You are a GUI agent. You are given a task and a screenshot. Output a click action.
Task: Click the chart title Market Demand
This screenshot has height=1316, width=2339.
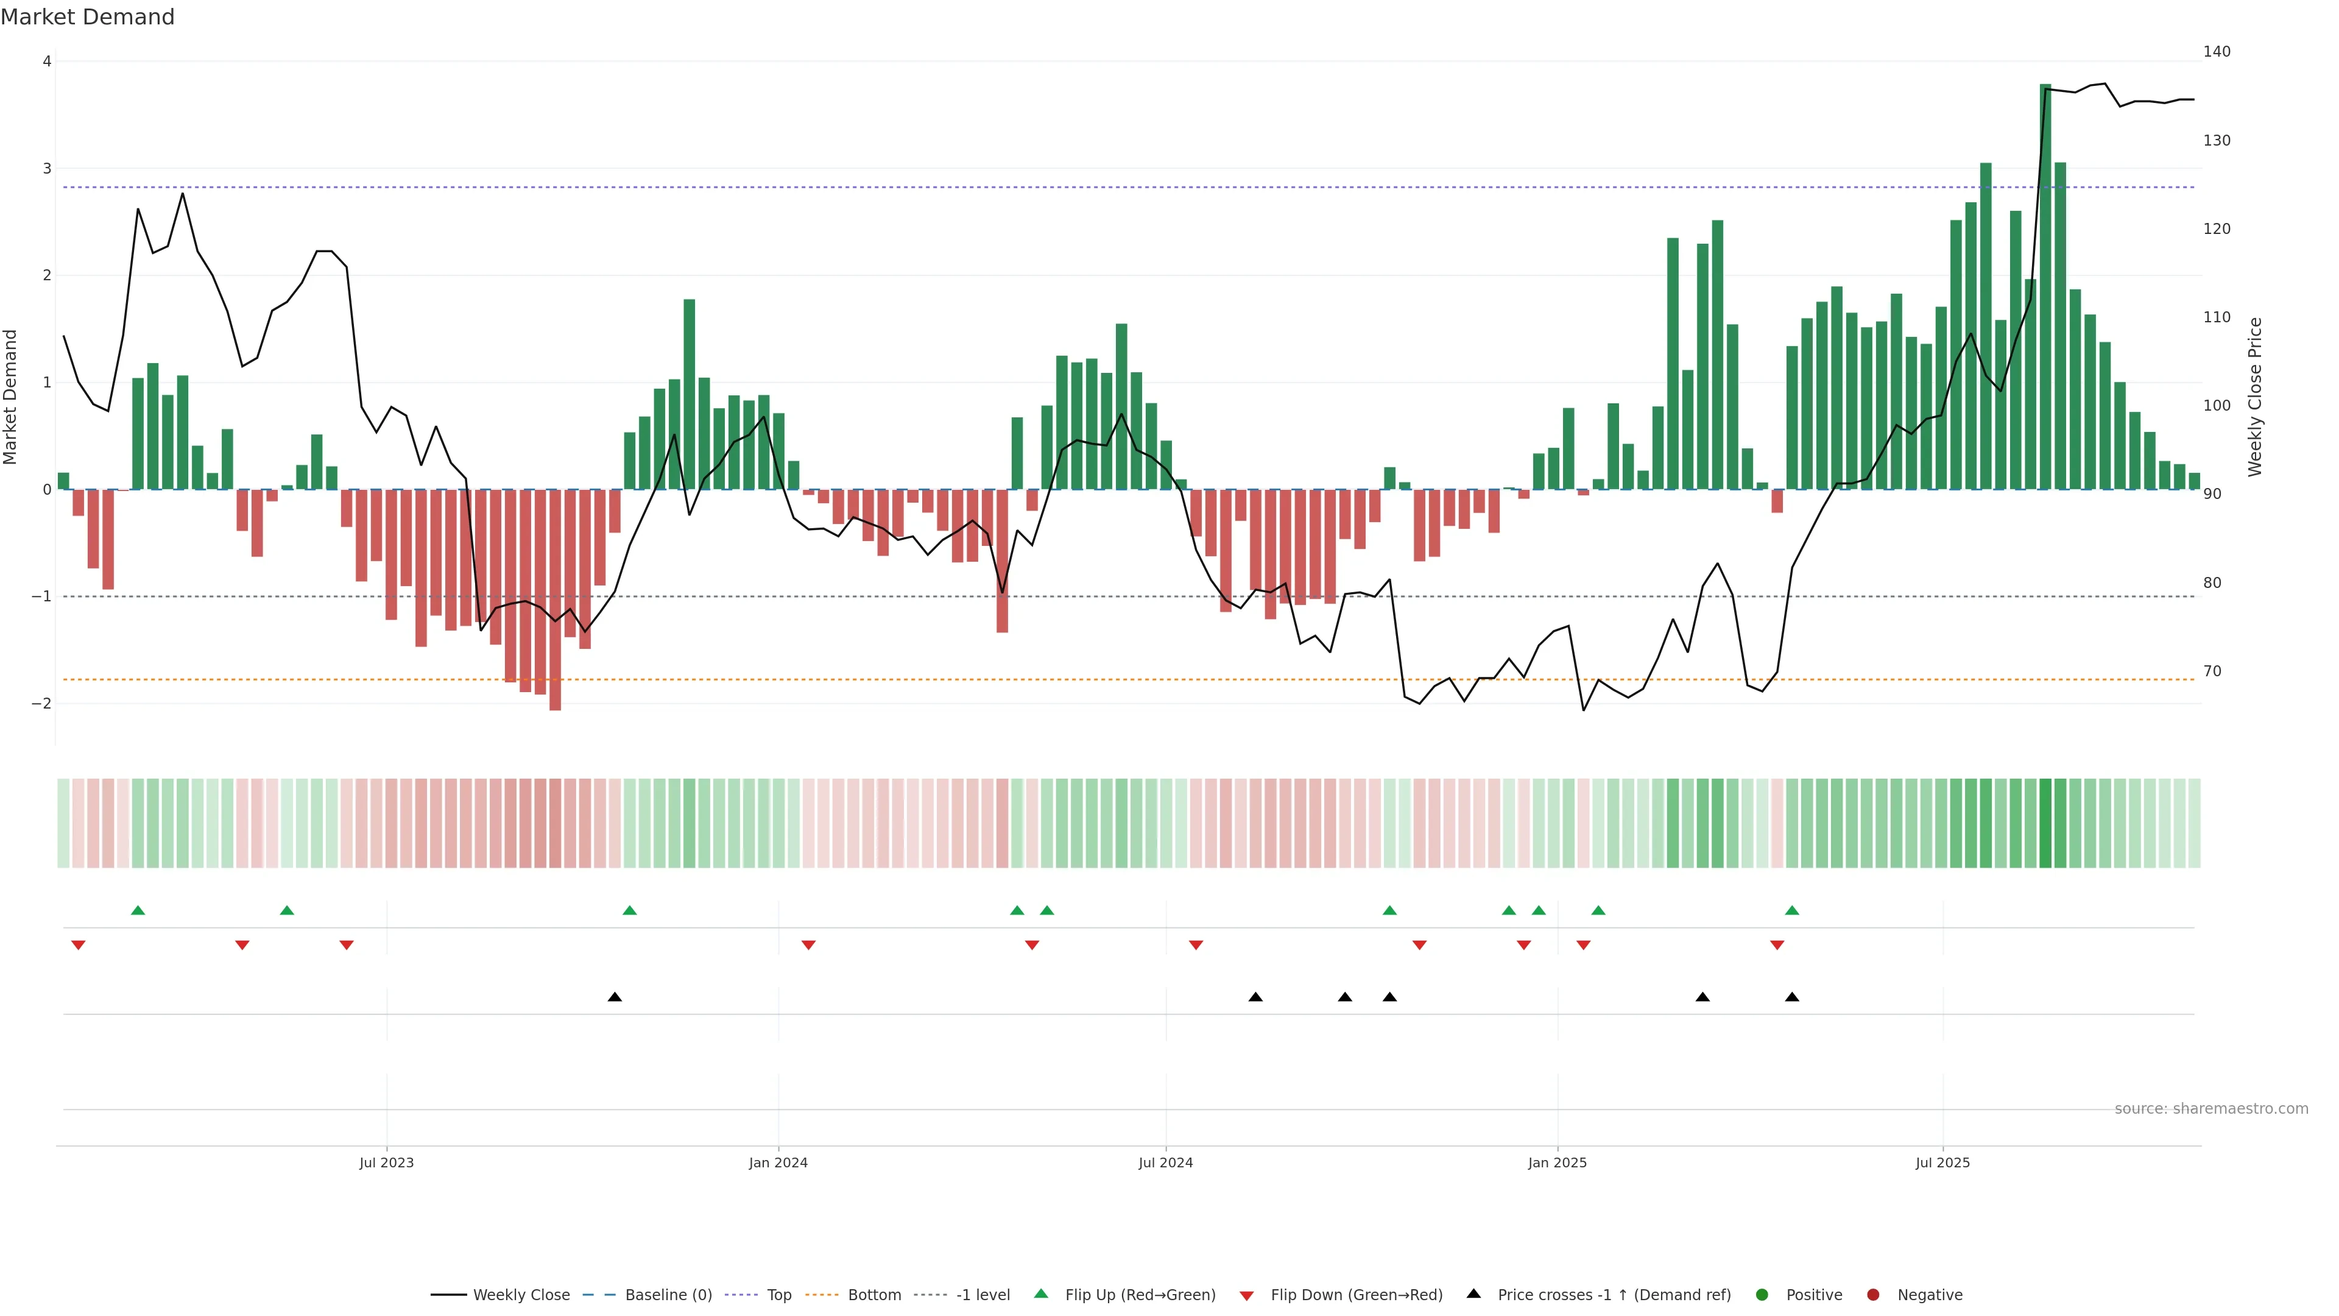87,17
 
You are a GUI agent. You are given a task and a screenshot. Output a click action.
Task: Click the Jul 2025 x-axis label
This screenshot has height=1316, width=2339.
1942,1162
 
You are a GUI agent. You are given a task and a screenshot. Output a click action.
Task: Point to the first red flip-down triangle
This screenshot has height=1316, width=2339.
78,946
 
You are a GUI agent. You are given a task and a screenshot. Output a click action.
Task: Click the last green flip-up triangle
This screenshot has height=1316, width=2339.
1791,910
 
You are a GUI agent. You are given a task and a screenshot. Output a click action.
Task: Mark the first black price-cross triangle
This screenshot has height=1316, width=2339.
615,997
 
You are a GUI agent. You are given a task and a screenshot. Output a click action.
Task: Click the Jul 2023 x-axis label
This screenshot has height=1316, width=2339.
386,1162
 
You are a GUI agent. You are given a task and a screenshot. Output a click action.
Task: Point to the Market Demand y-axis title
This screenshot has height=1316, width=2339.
11,397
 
